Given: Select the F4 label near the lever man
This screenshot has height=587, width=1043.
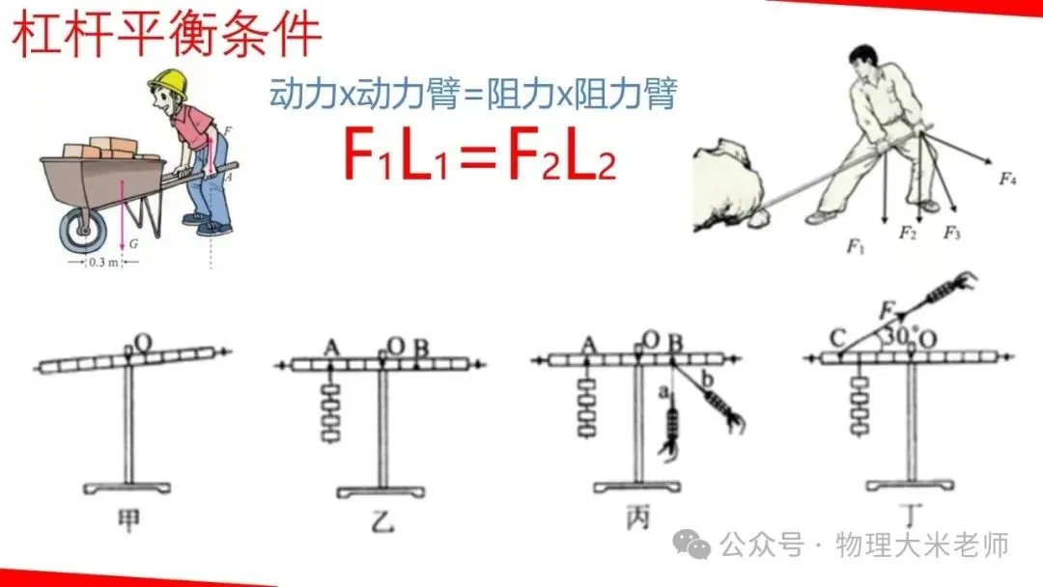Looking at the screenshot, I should (1008, 178).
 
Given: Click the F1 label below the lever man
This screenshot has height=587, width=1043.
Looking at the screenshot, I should (855, 247).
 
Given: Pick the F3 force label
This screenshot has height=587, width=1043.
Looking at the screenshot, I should (952, 233).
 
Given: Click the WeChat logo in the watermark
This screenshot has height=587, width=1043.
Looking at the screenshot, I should (692, 545).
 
